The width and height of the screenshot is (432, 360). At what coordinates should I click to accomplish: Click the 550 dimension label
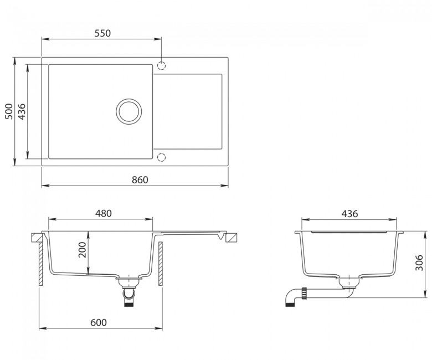(102, 33)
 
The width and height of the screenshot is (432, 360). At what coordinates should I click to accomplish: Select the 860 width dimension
(140, 180)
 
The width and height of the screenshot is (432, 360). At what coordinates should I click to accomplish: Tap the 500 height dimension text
(9, 111)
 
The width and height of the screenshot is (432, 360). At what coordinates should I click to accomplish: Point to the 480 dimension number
(104, 213)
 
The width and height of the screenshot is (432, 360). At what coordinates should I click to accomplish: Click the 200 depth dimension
(82, 250)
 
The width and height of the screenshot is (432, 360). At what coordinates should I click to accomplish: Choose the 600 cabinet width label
(99, 322)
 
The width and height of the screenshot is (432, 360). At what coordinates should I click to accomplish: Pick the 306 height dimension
(419, 263)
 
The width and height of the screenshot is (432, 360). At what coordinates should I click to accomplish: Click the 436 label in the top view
(22, 111)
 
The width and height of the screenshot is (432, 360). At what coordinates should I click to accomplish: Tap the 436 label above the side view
(349, 213)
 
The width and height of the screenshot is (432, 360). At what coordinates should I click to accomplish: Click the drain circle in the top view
(129, 99)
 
